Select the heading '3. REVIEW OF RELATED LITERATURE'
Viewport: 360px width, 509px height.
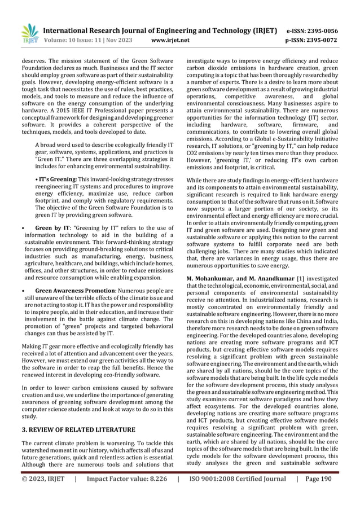coord(78,429)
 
